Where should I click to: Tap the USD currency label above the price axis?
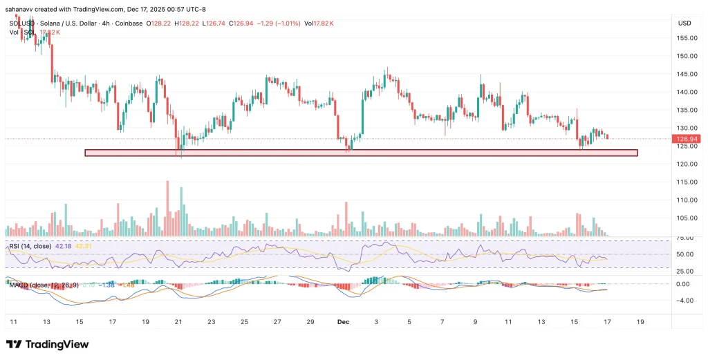[684, 23]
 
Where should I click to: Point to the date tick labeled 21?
[178, 322]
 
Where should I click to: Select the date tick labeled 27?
[277, 322]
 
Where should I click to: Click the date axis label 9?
[475, 322]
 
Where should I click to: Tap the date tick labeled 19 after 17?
[640, 322]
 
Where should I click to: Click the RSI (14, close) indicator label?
[30, 245]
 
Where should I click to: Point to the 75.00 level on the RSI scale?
[684, 237]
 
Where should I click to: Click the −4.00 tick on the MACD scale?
[684, 300]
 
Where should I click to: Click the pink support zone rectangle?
[360, 153]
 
